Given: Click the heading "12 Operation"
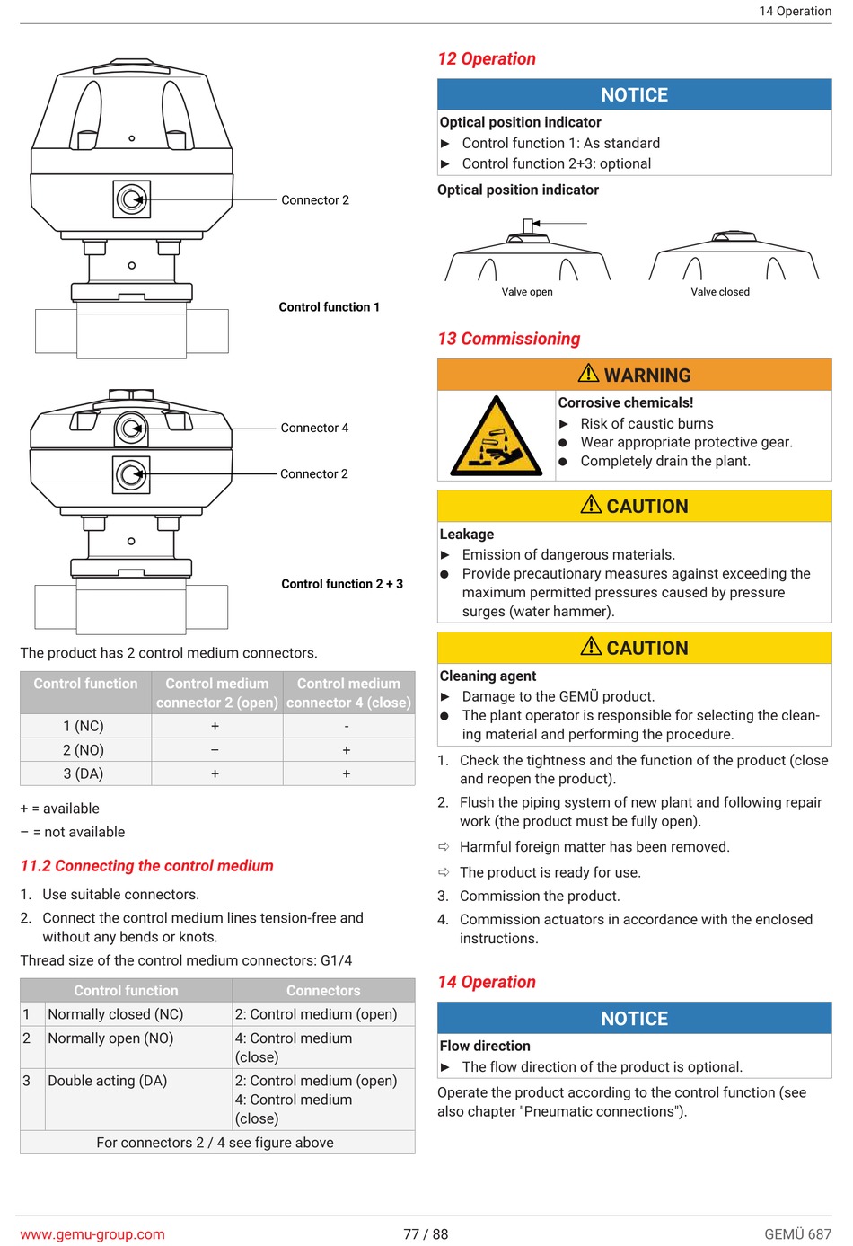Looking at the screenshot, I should (487, 59).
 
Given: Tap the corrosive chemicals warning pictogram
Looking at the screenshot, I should (496, 436).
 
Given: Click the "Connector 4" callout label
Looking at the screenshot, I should (314, 429).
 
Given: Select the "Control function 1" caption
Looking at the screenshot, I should (329, 307).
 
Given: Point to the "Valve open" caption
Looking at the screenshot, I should (527, 292).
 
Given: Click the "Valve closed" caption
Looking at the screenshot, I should (719, 292).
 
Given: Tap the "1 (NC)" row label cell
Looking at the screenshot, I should (84, 726).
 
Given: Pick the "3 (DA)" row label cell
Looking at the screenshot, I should (84, 773).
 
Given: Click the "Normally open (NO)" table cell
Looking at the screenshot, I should (110, 1038).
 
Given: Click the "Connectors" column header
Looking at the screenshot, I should (323, 991).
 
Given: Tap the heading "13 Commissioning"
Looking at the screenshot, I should (508, 339).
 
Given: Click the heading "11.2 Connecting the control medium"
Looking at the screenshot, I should (146, 866).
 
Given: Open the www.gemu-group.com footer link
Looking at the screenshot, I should (92, 1234).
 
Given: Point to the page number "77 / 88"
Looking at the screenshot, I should (426, 1234).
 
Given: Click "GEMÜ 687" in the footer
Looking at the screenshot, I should (797, 1234).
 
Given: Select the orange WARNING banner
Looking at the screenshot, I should (634, 375).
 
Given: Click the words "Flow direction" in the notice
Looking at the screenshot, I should (485, 1046).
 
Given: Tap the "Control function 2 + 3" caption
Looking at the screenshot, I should (342, 584).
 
